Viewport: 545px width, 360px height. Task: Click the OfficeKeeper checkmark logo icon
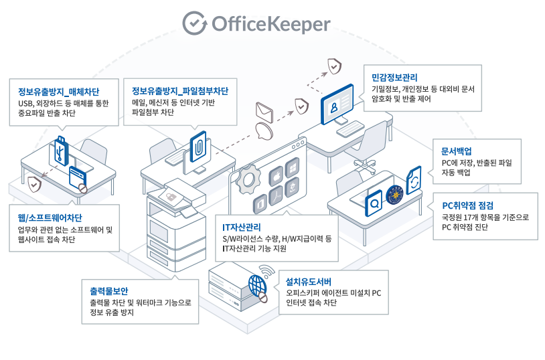pos(194,23)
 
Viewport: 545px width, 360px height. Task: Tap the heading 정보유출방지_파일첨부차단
pos(180,92)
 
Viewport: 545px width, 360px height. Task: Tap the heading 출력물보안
pos(110,291)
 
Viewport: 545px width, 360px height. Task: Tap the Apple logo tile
pos(274,177)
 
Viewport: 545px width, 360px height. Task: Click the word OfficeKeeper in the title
pos(271,24)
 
